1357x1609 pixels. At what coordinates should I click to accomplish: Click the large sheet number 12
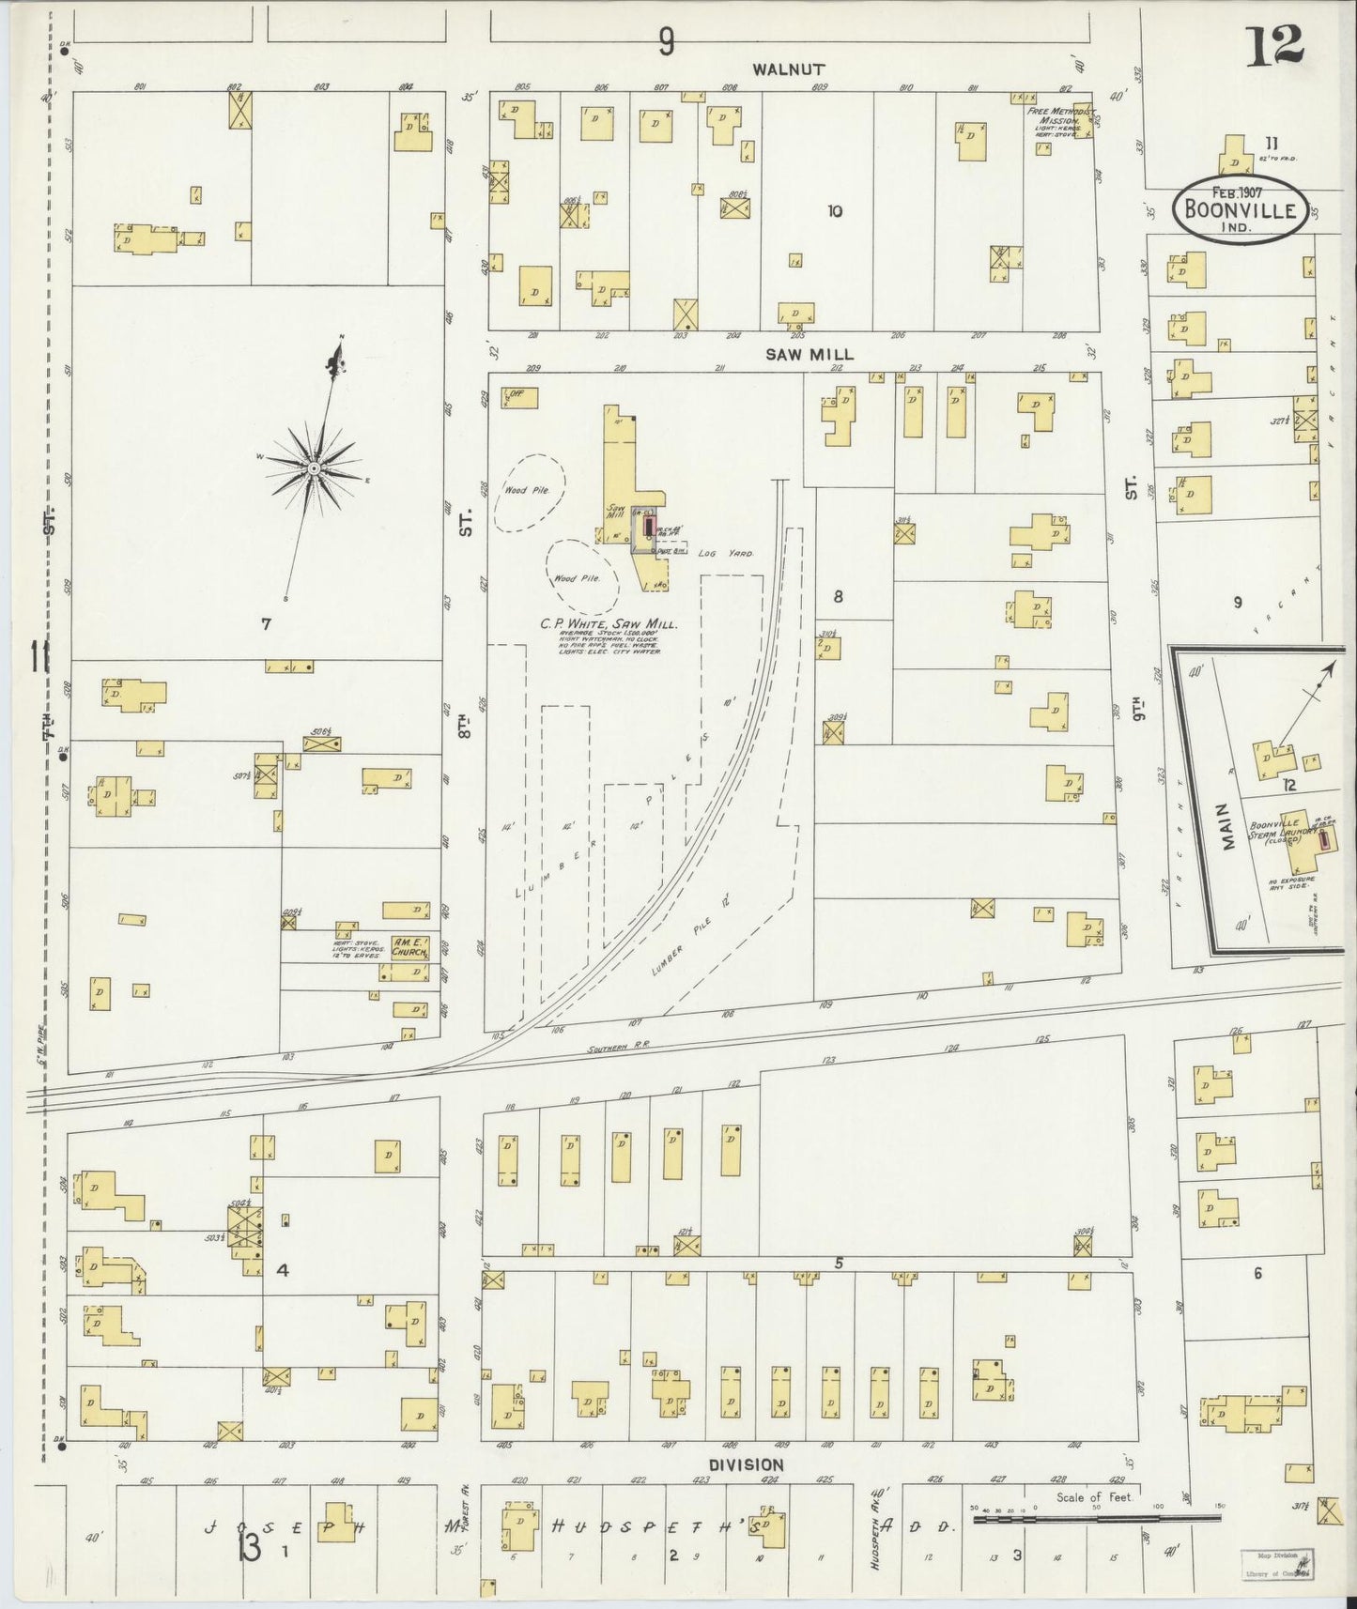coord(1274,44)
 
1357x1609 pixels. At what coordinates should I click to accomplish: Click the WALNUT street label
coord(789,69)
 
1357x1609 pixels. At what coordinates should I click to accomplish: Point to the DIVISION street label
coord(747,1464)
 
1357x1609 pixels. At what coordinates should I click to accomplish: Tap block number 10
coord(835,211)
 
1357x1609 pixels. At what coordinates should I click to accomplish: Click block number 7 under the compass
coord(266,622)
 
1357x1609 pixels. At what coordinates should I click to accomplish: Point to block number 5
coord(838,1264)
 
